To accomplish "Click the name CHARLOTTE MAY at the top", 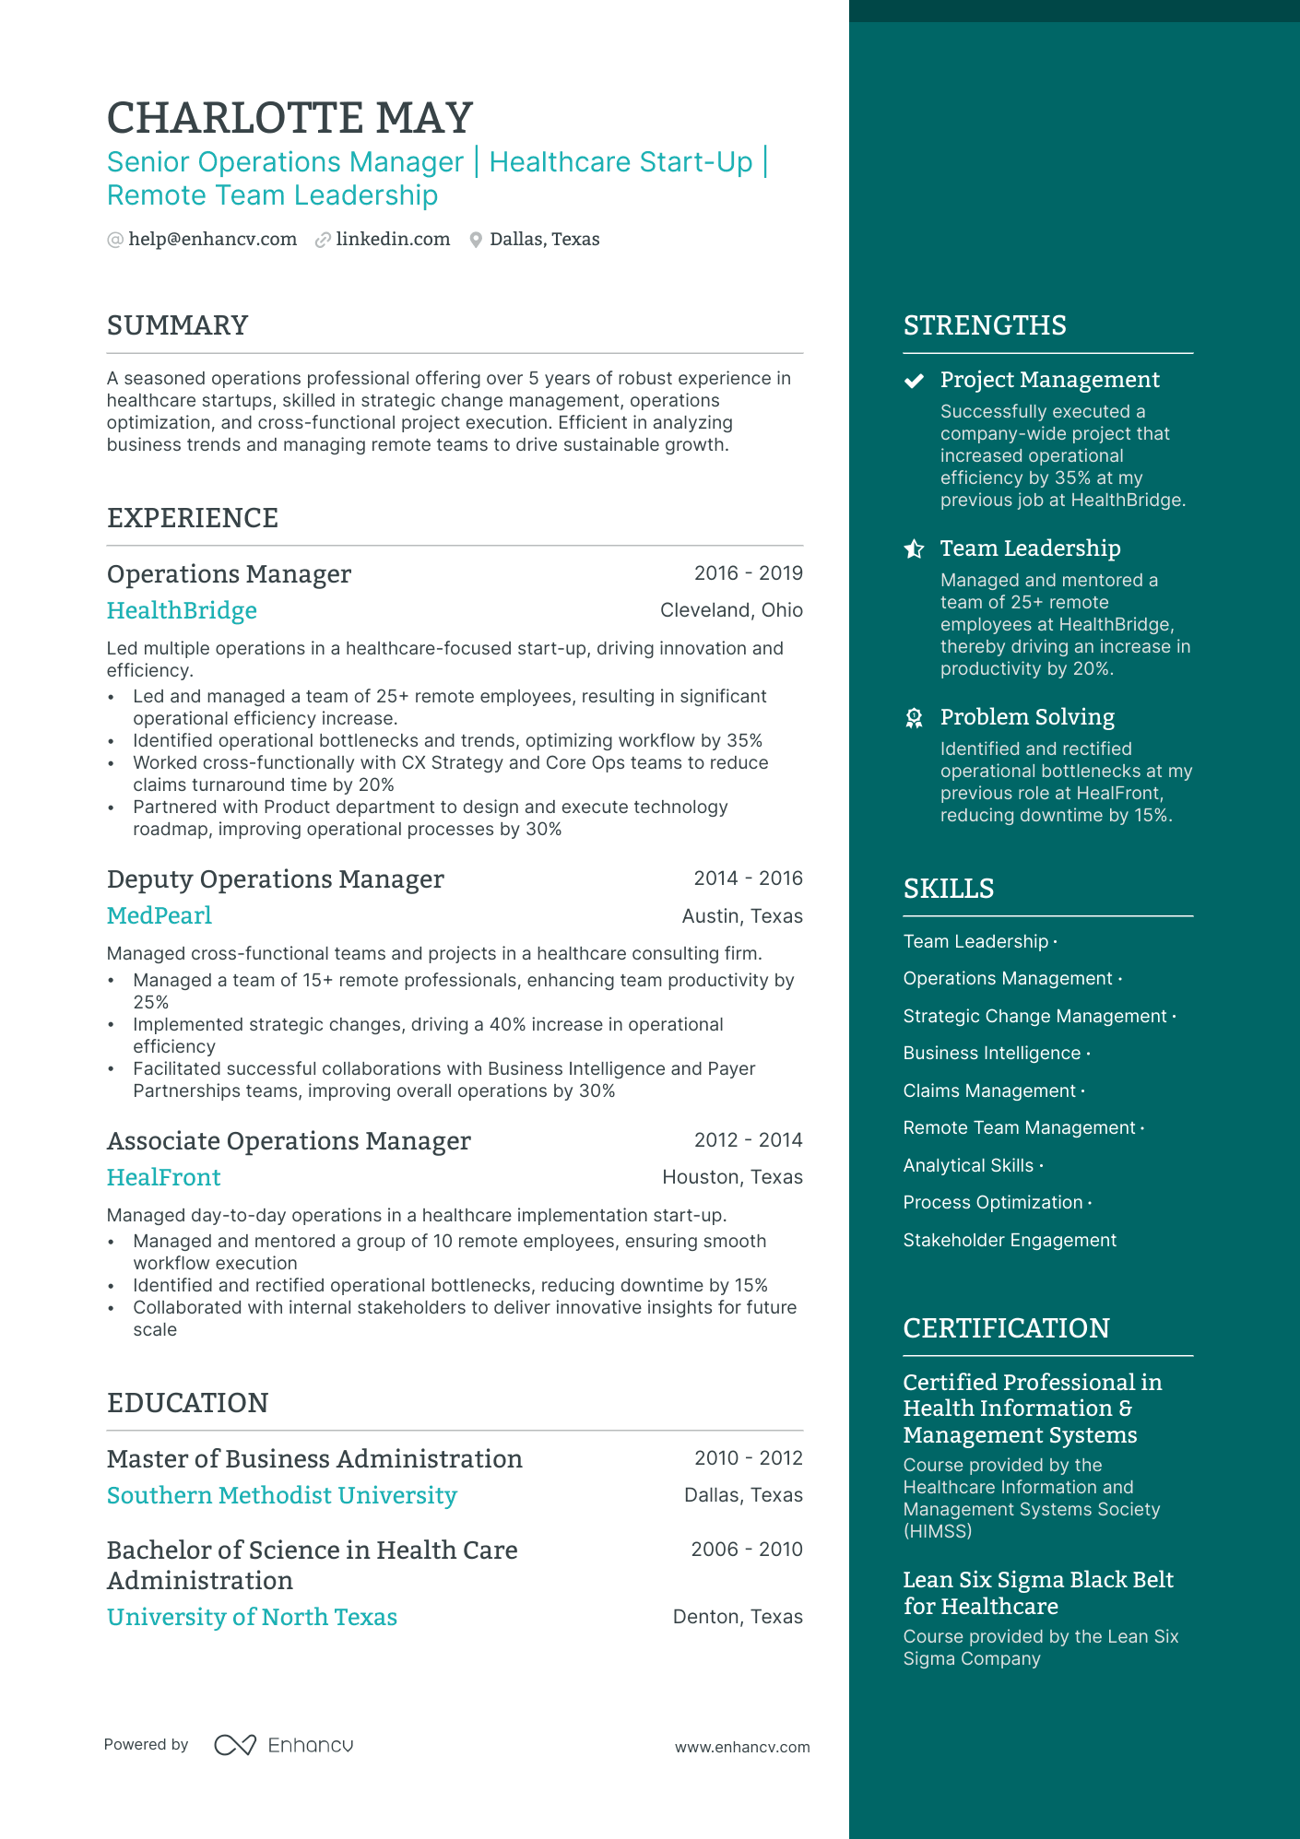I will click(290, 119).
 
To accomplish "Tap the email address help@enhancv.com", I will click(212, 240).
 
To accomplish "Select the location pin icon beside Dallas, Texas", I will click(476, 241).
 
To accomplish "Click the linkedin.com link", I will click(393, 240).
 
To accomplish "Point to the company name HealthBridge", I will click(182, 611).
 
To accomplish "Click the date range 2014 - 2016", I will click(748, 878).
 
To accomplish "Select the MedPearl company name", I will click(160, 916).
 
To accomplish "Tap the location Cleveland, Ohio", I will click(731, 610).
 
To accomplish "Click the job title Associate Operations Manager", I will click(289, 1141).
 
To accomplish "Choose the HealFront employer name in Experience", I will click(164, 1178).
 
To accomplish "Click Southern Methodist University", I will click(281, 1496).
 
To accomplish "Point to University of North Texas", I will click(252, 1618).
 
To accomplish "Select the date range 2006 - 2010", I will click(746, 1550).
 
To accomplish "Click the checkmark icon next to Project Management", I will click(914, 381).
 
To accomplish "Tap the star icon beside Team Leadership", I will click(914, 549).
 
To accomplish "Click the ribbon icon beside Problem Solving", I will click(914, 718).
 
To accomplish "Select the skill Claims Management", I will click(989, 1091).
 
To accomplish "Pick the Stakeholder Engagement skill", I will click(1010, 1241).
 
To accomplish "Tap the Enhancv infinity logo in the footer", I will click(235, 1745).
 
